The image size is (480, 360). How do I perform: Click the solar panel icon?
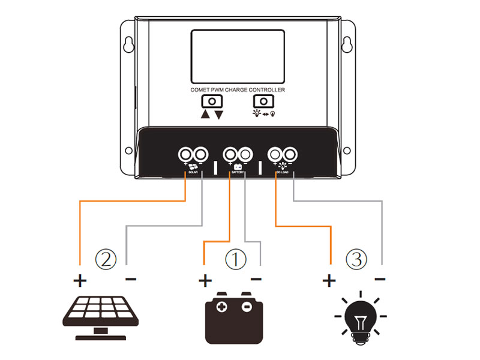point(95,316)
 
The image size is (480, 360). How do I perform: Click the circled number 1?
point(235,260)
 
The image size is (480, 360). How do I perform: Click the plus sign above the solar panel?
point(80,280)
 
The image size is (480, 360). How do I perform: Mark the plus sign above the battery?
point(205,280)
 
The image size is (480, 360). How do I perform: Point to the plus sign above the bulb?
point(329,280)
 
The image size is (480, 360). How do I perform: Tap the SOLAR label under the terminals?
point(193,173)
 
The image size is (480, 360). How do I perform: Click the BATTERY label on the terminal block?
point(237,173)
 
